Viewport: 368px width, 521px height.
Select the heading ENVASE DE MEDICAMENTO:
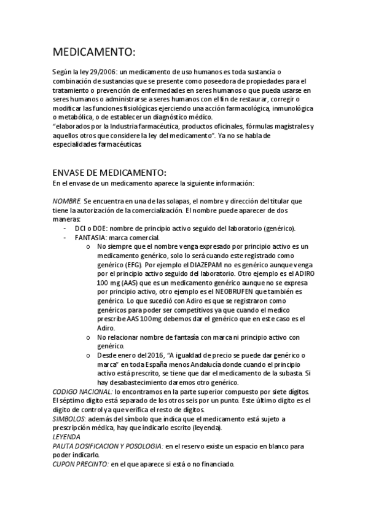click(x=109, y=173)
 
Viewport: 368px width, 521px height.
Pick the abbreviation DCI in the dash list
click(x=80, y=229)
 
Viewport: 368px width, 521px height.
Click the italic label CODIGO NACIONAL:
click(x=82, y=392)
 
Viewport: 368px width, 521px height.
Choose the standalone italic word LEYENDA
click(x=66, y=437)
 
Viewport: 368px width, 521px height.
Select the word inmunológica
click(x=288, y=109)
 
